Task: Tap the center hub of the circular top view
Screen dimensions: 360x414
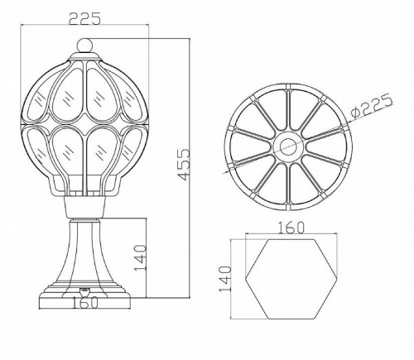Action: (x=291, y=146)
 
